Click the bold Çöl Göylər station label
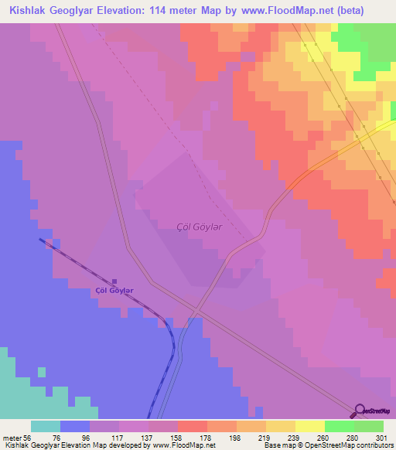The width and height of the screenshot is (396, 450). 114,291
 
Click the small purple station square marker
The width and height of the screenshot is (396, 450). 115,281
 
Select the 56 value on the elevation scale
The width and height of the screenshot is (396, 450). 26,437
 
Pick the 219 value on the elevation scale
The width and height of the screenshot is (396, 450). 251,437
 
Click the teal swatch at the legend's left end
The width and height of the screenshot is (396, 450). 46,426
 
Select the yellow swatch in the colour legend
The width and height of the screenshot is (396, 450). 280,426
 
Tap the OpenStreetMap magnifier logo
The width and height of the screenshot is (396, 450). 360,411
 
